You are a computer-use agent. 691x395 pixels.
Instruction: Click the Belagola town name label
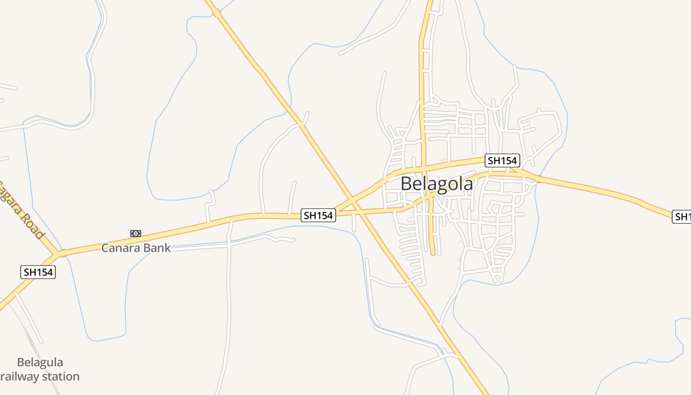pos(436,184)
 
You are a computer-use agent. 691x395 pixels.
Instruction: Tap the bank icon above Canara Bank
pos(136,234)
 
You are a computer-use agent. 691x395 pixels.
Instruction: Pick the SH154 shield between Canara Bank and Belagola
pos(318,215)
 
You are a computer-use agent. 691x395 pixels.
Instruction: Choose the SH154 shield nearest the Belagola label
pos(502,160)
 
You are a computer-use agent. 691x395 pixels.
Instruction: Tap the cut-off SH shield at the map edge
pos(682,217)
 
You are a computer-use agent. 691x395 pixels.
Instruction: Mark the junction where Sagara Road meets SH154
pos(61,253)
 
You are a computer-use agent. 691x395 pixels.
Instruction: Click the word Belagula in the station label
pos(40,362)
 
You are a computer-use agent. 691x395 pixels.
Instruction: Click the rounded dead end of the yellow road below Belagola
pos(433,252)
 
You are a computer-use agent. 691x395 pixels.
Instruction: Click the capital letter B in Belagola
pos(406,184)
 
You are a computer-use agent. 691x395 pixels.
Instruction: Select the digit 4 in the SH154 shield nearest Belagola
pos(514,160)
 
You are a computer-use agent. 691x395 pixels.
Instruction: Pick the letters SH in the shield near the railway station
pos(30,272)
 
